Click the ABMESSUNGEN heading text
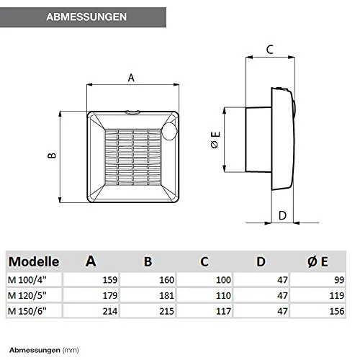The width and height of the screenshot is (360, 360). tap(86, 17)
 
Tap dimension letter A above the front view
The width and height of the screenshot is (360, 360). tap(131, 78)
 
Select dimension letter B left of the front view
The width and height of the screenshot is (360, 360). tap(52, 156)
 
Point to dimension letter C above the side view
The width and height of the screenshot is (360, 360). tap(270, 50)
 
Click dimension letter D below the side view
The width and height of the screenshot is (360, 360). tap(282, 215)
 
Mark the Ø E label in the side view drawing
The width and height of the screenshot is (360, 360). tap(215, 140)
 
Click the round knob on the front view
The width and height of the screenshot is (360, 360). tap(169, 132)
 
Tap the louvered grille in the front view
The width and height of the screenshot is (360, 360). tap(132, 158)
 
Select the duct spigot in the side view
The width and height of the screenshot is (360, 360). tap(258, 140)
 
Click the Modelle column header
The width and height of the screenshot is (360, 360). tap(34, 261)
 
